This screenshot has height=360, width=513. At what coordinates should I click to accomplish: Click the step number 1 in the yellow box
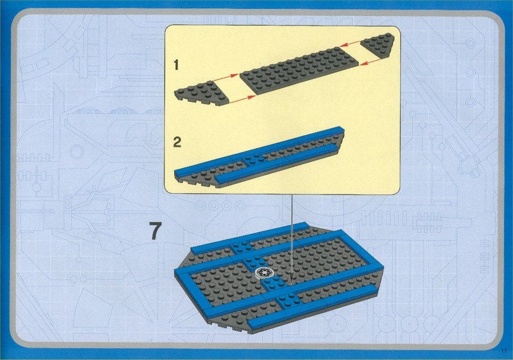point(176,65)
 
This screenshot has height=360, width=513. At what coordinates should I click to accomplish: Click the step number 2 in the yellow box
point(177,142)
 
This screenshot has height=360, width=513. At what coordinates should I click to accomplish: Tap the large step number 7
point(156,231)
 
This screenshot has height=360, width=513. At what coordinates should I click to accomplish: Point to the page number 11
point(503,352)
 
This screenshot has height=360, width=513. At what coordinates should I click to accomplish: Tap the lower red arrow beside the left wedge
point(242,99)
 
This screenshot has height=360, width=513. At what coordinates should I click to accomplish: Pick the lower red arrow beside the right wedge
point(370,62)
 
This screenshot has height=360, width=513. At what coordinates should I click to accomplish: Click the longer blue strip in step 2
point(258,150)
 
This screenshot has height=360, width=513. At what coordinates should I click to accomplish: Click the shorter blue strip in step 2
point(276,162)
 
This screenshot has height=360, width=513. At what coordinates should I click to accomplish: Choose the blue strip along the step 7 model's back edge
point(250,238)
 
